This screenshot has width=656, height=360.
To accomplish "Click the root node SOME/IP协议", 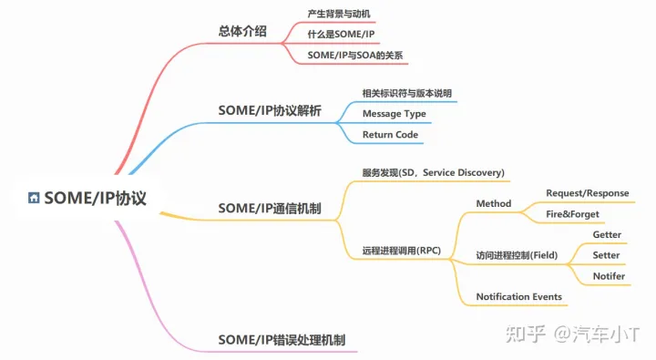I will point(95,198).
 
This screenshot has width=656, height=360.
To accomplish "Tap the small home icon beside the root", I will point(34,198).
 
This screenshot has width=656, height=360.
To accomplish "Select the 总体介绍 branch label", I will point(243,31).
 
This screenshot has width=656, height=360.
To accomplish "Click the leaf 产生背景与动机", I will point(339,14).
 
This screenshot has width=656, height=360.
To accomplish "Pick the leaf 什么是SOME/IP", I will point(342,35).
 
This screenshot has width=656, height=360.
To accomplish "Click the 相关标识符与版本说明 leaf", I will point(406,93).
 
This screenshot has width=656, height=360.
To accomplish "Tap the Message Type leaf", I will point(394,114).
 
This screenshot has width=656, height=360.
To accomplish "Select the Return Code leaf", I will point(390,135).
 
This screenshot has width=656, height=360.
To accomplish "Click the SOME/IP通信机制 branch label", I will point(270,208).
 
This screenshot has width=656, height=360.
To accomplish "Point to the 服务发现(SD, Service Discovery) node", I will point(433,172).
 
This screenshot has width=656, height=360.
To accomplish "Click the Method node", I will point(493,203).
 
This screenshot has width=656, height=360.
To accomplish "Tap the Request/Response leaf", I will point(587,193).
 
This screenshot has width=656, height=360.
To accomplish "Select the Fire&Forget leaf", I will point(572,214).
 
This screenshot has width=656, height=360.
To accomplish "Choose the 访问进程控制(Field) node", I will point(518,255).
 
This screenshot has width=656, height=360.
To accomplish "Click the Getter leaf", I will point(607,235).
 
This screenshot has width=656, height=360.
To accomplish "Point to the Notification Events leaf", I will point(518,296).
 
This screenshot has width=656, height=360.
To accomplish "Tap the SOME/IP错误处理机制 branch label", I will point(282,340).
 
